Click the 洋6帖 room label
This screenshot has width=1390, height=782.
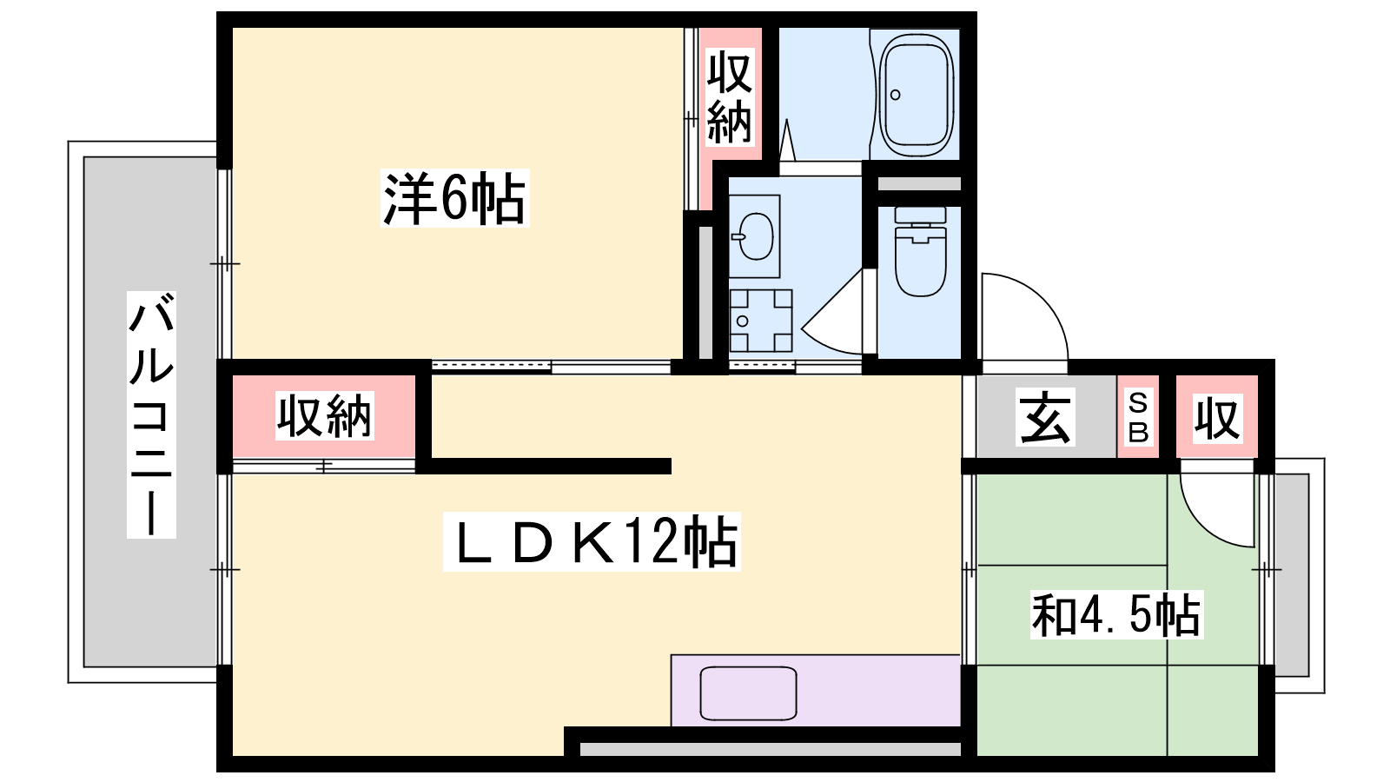pyautogui.click(x=455, y=199)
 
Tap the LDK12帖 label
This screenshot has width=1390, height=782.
pyautogui.click(x=592, y=541)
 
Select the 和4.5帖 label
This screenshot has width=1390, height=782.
pyautogui.click(x=1117, y=615)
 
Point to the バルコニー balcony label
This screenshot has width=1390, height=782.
pyautogui.click(x=151, y=414)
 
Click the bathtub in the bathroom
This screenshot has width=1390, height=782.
pyautogui.click(x=917, y=95)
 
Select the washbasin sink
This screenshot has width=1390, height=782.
pyautogui.click(x=755, y=236)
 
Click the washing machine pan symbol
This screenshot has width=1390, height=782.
pyautogui.click(x=761, y=321)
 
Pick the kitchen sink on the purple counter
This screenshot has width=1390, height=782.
pyautogui.click(x=748, y=693)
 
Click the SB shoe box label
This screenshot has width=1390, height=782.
pyautogui.click(x=1138, y=416)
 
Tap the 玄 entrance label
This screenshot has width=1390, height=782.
pyautogui.click(x=1046, y=416)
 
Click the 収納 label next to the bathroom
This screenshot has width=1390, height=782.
pyautogui.click(x=730, y=97)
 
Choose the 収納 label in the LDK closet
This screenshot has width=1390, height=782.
pyautogui.click(x=324, y=415)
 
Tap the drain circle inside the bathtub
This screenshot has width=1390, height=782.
pyautogui.click(x=895, y=95)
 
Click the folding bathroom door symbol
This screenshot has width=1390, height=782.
pyautogui.click(x=787, y=140)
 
